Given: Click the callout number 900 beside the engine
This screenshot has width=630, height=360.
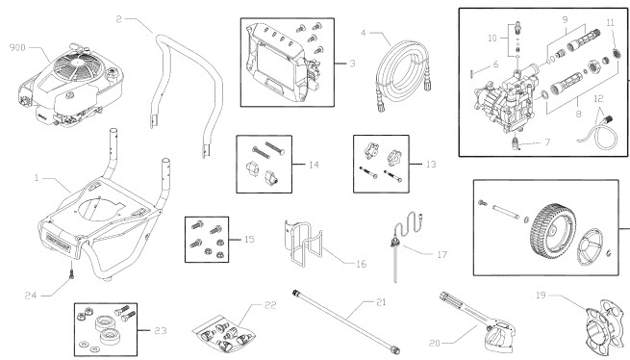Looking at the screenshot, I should [17, 47].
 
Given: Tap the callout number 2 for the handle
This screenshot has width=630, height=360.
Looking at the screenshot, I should [117, 17].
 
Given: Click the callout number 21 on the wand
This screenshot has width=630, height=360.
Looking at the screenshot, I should [381, 302].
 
